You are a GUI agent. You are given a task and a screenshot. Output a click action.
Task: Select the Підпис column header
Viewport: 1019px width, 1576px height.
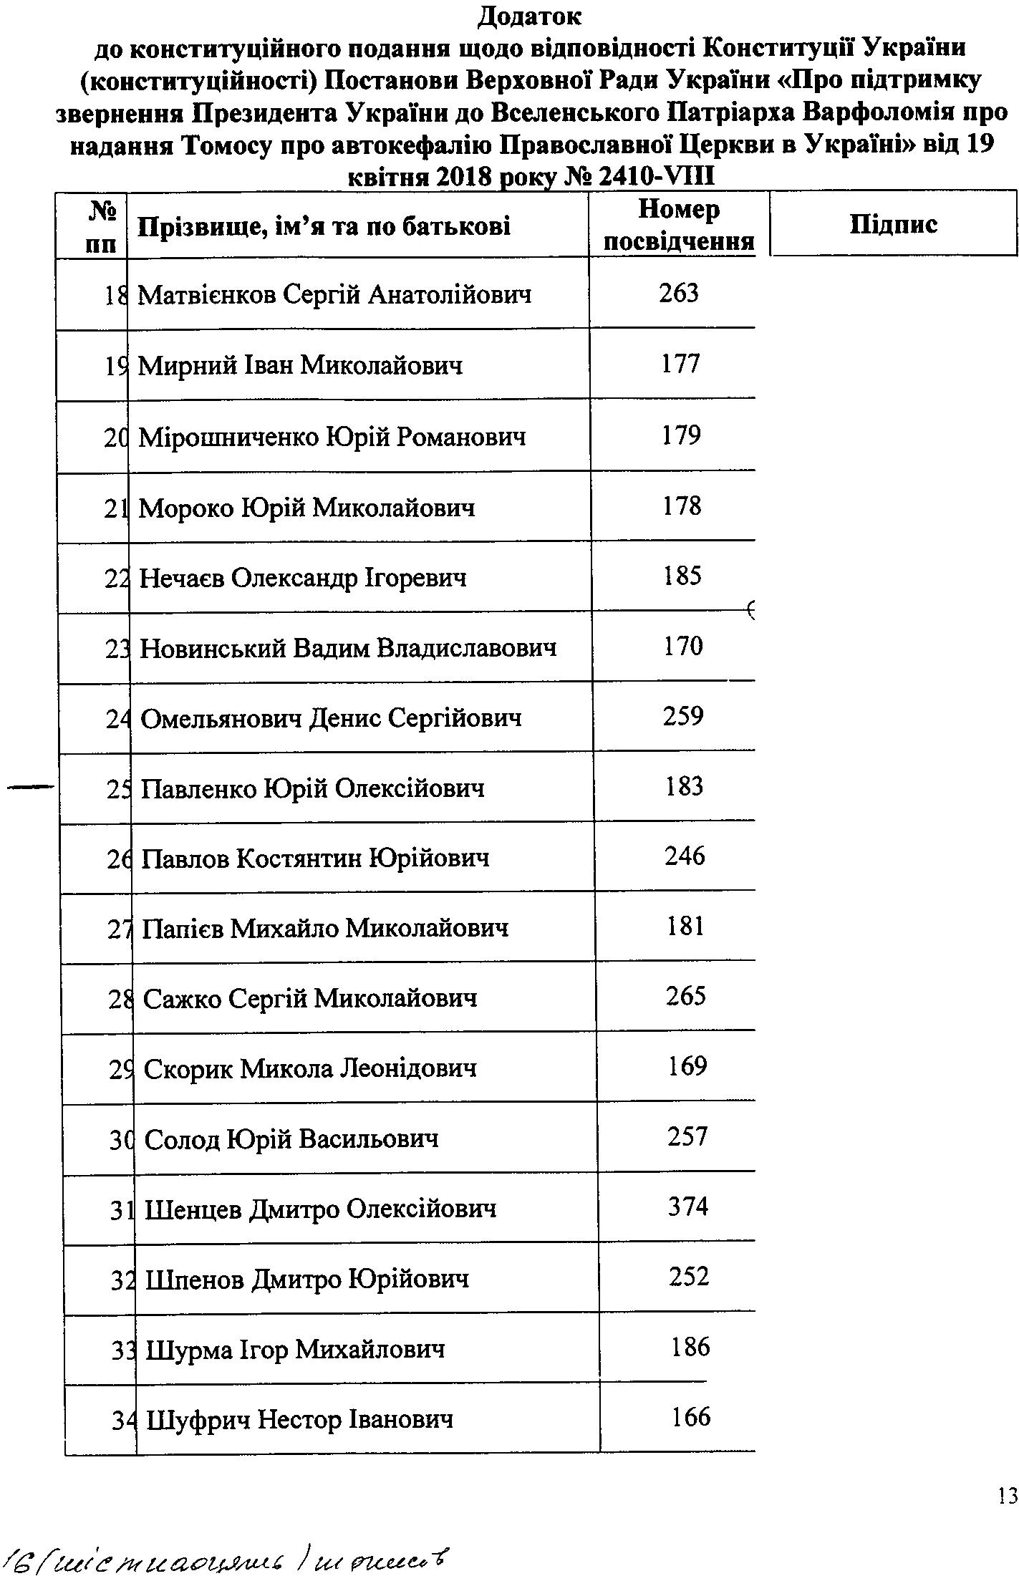tap(893, 224)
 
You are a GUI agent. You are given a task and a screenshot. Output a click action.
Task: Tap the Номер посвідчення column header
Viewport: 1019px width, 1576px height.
tap(679, 225)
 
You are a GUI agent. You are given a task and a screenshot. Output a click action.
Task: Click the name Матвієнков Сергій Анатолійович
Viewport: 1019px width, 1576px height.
tap(334, 295)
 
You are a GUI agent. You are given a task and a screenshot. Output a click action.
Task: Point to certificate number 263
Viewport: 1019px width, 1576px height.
tap(679, 293)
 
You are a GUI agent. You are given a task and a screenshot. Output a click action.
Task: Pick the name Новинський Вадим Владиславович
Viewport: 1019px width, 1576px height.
tap(348, 649)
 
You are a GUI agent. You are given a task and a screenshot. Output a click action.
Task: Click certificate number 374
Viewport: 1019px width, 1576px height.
tap(688, 1207)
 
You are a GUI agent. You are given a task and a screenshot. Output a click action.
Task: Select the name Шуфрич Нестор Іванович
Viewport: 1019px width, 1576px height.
tap(299, 1418)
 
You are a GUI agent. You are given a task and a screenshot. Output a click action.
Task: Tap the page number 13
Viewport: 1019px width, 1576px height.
tap(1007, 1496)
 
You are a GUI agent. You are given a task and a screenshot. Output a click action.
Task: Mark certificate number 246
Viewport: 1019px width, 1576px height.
tap(685, 856)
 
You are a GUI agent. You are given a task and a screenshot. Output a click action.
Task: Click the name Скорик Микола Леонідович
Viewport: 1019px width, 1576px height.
tap(310, 1068)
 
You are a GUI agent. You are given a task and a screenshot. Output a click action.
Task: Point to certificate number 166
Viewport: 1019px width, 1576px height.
tap(691, 1416)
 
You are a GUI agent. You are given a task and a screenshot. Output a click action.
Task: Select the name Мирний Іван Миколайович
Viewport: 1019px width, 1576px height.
tap(300, 366)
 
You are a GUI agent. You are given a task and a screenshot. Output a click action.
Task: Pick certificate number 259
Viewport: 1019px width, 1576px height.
tap(683, 716)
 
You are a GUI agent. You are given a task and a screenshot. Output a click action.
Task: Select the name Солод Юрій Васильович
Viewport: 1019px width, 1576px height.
tap(291, 1139)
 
